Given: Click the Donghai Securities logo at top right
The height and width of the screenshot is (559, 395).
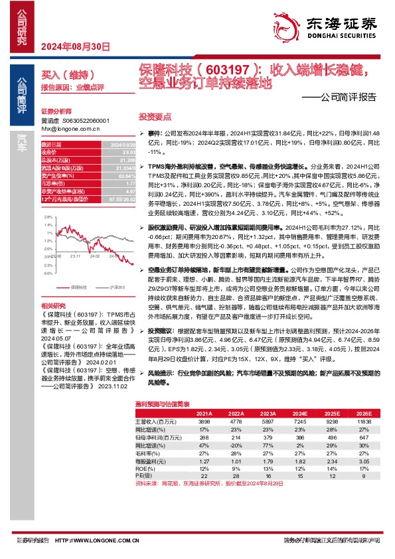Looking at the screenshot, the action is pos(331,26).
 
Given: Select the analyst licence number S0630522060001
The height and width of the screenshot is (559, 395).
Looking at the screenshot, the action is pos(85,121).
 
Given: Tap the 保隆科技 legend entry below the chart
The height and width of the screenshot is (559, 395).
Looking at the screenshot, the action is pos(78,287).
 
